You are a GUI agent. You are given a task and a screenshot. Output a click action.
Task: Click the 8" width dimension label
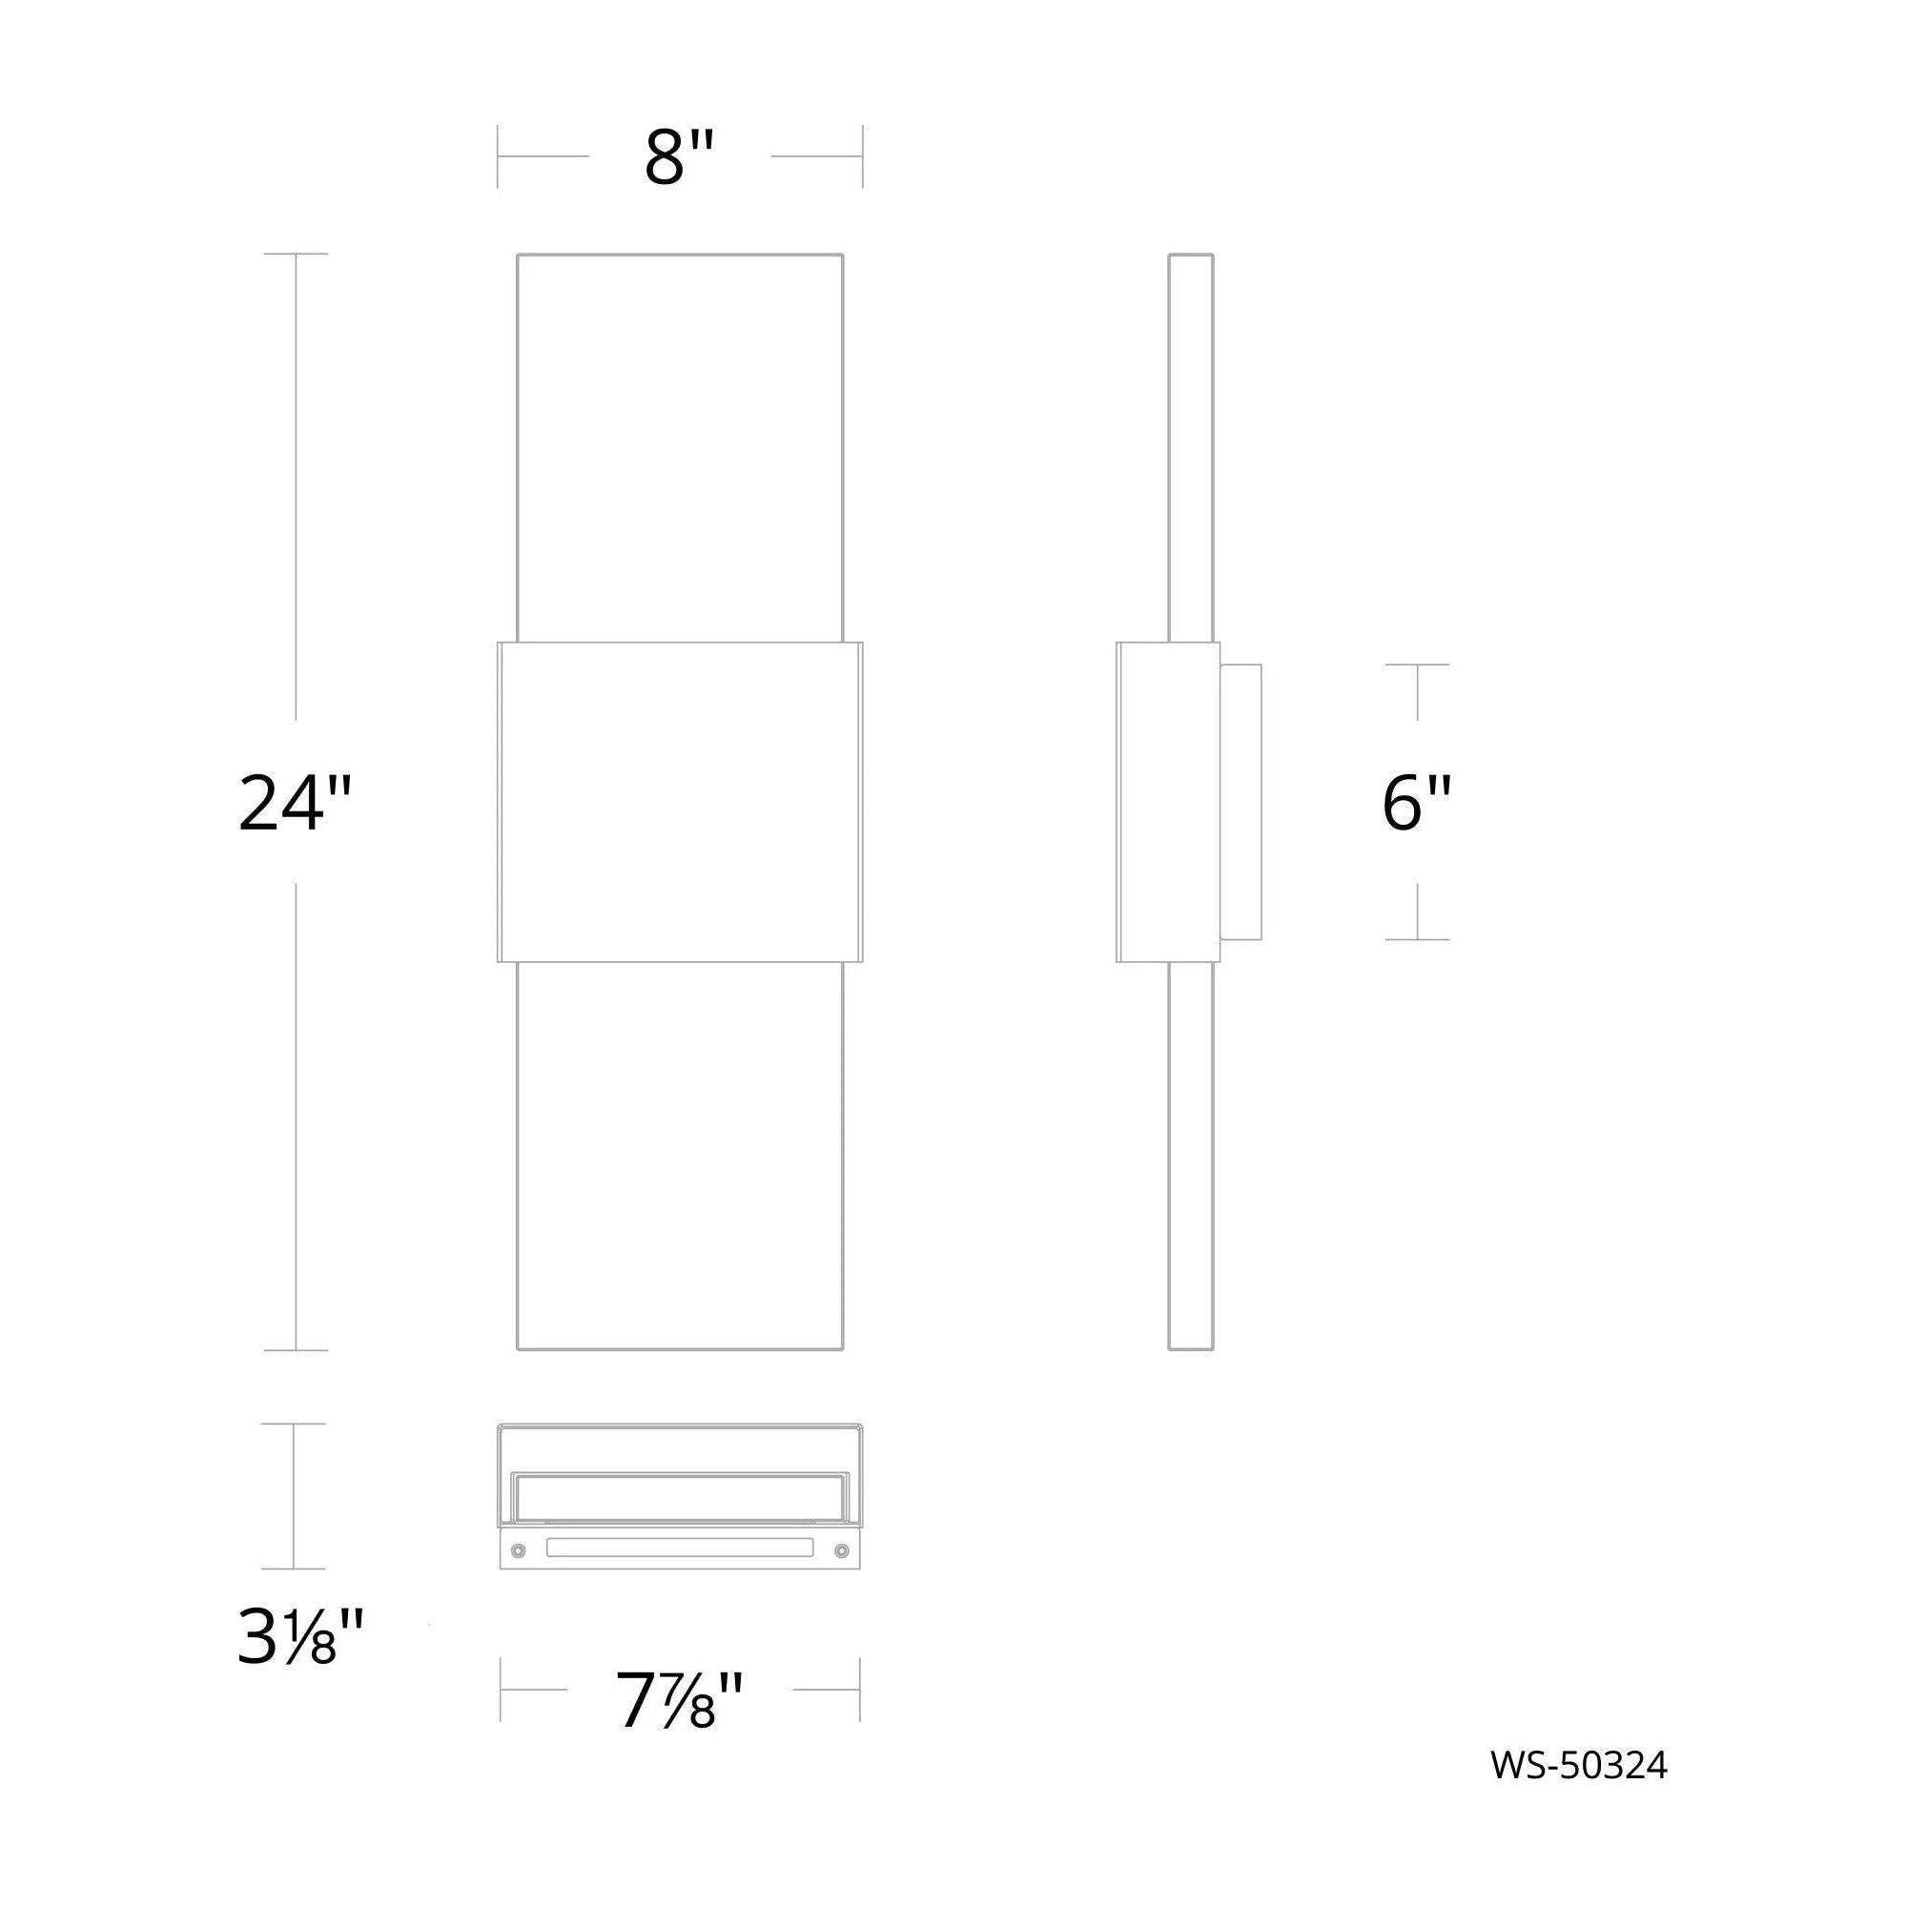[679, 157]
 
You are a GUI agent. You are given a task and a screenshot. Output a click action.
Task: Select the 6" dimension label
[1417, 802]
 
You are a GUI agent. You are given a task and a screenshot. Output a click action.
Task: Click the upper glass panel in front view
[680, 448]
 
